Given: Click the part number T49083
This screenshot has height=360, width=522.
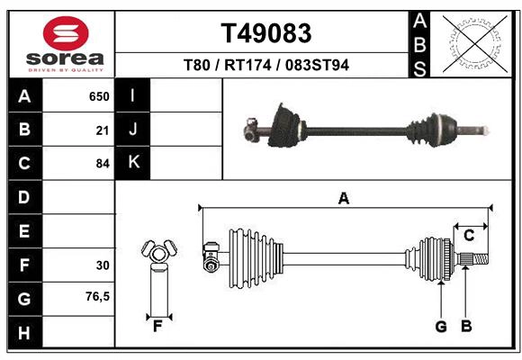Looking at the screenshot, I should click(266, 33).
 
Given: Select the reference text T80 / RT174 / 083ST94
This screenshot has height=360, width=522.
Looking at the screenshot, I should click(266, 66).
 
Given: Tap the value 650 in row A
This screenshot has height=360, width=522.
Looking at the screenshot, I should click(98, 96).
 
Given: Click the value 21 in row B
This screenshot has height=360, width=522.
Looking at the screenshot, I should click(102, 130).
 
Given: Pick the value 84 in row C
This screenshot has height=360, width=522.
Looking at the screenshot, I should click(102, 164).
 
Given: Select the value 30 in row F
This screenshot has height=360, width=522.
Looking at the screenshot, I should click(102, 265).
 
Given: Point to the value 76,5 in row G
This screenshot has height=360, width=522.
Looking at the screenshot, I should click(97, 296).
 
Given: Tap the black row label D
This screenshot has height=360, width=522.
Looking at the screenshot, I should click(24, 197).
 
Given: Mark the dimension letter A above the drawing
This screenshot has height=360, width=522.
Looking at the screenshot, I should click(343, 199).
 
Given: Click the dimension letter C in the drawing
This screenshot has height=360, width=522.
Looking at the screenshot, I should click(469, 236).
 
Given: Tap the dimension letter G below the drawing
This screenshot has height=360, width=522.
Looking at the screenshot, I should click(441, 327).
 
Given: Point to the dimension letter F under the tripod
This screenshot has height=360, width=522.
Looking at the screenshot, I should click(157, 326).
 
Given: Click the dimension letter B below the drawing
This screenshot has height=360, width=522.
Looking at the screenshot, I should click(466, 327).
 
